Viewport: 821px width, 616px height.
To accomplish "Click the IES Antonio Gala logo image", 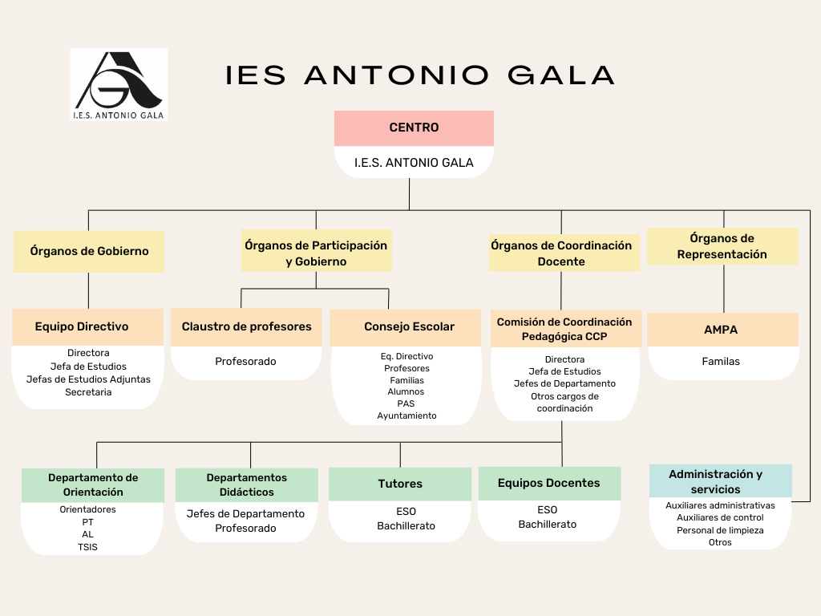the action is click(119, 85).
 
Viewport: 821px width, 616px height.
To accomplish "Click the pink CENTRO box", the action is click(415, 128).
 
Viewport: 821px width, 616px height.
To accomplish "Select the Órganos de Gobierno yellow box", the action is click(89, 251).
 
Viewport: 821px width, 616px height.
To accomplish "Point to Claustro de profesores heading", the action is click(246, 327).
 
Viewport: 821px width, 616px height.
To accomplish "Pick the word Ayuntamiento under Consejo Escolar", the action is click(406, 416).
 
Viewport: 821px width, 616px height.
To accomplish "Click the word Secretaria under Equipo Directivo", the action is click(88, 392).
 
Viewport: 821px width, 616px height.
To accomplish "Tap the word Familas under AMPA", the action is click(721, 362).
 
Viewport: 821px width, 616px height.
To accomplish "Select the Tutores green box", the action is click(400, 484).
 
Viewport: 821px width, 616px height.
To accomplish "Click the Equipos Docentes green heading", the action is click(549, 484).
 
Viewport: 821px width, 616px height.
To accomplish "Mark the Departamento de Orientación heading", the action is click(93, 485).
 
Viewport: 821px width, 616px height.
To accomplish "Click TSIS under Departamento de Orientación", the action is click(87, 547).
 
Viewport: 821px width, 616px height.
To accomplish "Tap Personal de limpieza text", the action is click(720, 531).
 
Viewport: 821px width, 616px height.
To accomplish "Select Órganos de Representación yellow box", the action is click(722, 246).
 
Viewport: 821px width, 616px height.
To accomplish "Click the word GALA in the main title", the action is click(560, 75).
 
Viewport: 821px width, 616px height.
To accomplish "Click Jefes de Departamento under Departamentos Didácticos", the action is click(245, 514).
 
